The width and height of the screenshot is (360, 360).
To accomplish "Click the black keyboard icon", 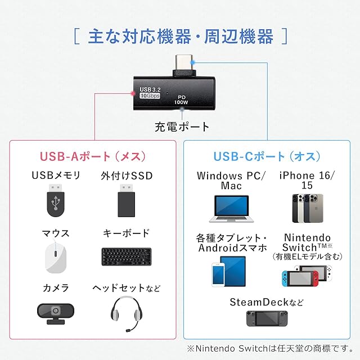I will (126, 256).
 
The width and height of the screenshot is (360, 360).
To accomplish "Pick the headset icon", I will (126, 313).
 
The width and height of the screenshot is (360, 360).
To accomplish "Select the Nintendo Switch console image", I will (307, 276).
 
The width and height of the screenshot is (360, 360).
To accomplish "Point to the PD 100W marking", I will (181, 100).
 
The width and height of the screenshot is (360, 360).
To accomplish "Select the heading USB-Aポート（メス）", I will (93, 156).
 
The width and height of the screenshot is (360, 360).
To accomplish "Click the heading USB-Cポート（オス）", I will (267, 156).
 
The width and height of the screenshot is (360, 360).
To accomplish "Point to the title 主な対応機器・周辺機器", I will (181, 38).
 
